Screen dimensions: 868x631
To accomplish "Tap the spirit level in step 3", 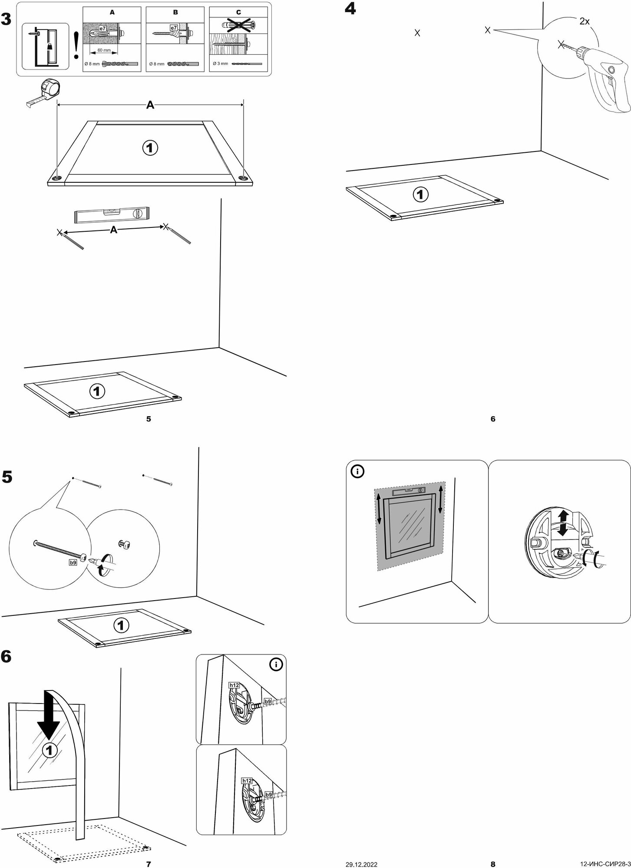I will (112, 214).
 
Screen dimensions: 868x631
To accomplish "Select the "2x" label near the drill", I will (584, 21).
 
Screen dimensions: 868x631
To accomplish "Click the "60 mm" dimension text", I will (104, 50).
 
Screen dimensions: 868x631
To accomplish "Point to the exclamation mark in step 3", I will (76, 45).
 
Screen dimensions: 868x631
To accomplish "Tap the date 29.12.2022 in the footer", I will (361, 865).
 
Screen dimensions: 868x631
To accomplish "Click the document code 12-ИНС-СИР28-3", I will (605, 865).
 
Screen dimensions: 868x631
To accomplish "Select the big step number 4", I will (350, 9).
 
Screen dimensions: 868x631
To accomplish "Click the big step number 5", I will (7, 477).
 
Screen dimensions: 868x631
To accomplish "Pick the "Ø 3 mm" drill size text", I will (220, 63).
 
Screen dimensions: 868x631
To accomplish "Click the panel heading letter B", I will (175, 13).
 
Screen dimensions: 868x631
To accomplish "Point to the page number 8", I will (493, 864).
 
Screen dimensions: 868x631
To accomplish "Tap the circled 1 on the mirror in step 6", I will (50, 750).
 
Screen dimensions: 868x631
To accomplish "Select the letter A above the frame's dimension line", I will (150, 105).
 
